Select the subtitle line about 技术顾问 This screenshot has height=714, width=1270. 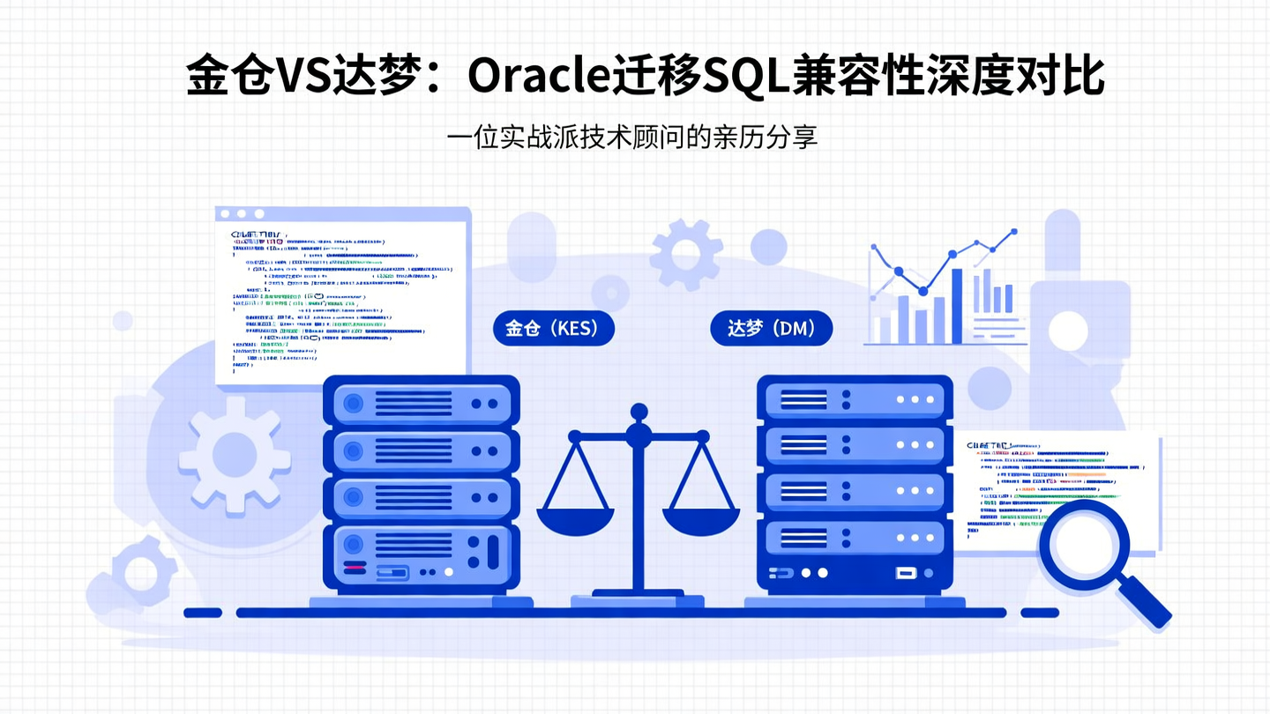pos(631,138)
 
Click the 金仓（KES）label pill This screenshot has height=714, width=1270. pos(553,329)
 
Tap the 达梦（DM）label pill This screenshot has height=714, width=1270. pos(771,329)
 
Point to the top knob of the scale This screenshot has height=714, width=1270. pos(639,411)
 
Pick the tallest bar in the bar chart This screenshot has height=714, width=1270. pos(958,300)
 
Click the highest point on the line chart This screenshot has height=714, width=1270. pos(1013,232)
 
